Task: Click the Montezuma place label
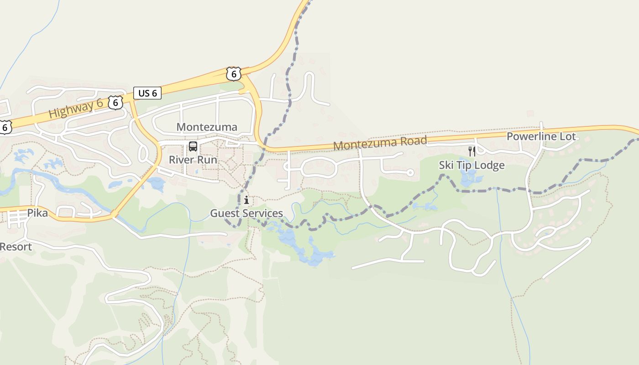pos(207,127)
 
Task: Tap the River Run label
pos(193,160)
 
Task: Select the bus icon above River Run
pos(193,146)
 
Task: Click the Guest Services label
pos(246,213)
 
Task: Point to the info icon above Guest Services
pos(246,200)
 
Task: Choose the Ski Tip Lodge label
pos(471,165)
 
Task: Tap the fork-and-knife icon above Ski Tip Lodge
pos(472,151)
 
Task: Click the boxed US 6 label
pos(147,93)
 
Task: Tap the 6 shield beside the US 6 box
pos(115,103)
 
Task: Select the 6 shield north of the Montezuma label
pos(233,73)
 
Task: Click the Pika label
pos(37,213)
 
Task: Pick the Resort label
pos(16,247)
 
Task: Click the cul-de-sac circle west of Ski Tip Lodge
pos(410,172)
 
